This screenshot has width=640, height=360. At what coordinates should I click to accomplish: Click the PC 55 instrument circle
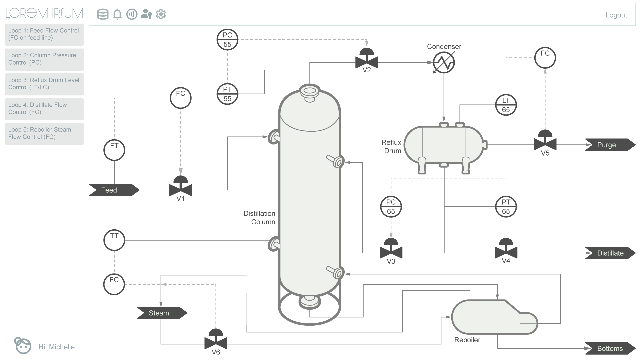coord(227,40)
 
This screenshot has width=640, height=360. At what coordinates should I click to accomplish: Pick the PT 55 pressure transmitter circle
coord(227,94)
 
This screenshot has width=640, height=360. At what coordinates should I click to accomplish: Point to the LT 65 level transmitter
coord(506,105)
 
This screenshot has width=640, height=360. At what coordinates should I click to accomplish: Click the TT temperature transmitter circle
coord(114,240)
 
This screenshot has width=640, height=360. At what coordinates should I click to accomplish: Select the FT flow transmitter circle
coord(114,150)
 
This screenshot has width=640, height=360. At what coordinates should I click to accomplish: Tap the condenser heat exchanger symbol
coord(444,62)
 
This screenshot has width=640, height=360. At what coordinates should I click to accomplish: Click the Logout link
coord(616,15)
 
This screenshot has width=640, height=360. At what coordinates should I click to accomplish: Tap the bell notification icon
coord(117,14)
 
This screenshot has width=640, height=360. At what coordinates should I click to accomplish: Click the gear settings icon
coord(161,14)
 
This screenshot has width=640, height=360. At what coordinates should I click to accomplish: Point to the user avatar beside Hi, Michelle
coord(23,345)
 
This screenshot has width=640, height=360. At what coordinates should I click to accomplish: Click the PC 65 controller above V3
coord(391,207)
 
